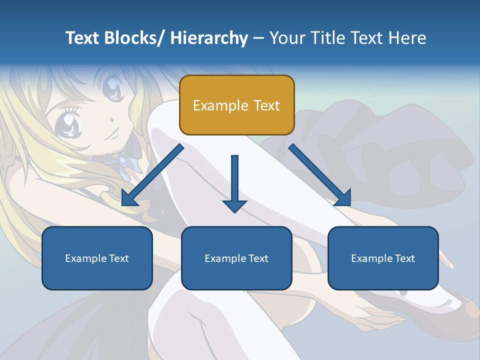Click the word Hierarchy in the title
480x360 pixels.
point(209,38)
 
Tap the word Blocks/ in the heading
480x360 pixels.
point(136,38)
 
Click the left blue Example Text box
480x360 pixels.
point(97,258)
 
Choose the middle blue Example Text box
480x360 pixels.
point(236,258)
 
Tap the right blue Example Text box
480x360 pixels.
point(383,258)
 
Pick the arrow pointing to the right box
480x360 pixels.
point(320,175)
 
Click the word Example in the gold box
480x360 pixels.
point(220,106)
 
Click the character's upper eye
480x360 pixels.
point(112,89)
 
